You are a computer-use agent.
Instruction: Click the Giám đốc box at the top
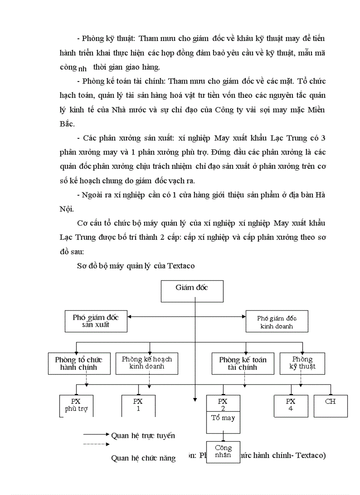pos(191,291)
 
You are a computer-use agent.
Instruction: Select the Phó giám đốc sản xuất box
pos(96,321)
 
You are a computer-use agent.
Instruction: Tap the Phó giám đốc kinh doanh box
pos(277,322)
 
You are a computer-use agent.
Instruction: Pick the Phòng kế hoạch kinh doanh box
pos(146,363)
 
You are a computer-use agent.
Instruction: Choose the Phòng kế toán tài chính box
pos(243,363)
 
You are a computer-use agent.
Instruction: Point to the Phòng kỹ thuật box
pos(302,363)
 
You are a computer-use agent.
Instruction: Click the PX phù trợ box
pos(76,405)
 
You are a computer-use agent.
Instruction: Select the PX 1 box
pos(138,405)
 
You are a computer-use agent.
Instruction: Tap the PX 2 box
pos(223,402)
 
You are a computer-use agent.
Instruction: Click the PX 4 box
pos(290,405)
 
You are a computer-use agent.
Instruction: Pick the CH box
pos(330,405)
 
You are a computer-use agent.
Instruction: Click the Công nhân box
pos(223,452)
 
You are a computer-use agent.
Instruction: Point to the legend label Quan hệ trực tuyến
pos(143,435)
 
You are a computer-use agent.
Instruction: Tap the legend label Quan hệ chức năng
pos(143,458)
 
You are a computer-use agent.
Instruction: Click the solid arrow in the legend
pos(96,434)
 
